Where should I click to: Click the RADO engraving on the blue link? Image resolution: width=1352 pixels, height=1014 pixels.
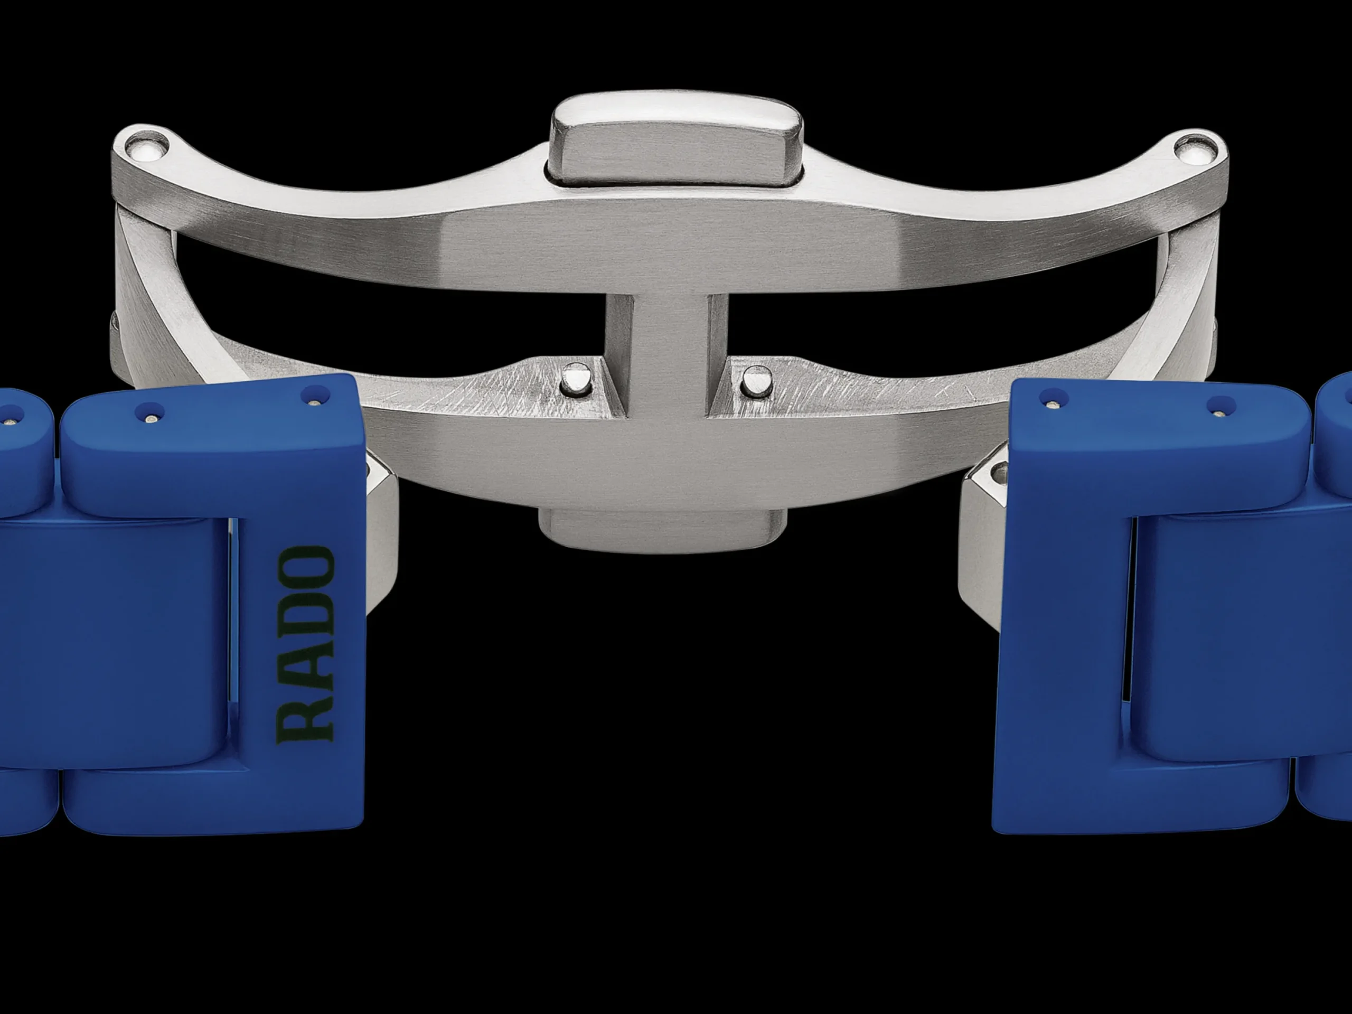[306, 644]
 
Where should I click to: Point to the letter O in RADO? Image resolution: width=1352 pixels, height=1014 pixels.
[306, 567]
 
